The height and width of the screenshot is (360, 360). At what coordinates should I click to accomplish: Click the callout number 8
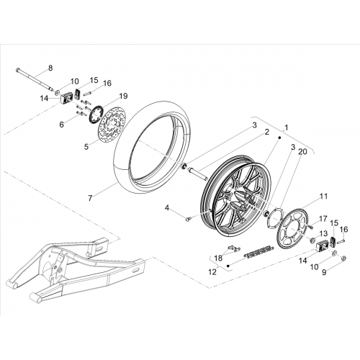tap(50, 68)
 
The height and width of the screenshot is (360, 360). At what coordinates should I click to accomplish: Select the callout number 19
tap(124, 96)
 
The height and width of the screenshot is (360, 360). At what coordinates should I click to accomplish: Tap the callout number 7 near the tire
tap(90, 198)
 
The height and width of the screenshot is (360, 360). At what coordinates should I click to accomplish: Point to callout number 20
tap(302, 152)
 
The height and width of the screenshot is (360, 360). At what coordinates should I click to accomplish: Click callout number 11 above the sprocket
tap(323, 197)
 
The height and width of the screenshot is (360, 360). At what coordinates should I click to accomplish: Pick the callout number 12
tap(212, 272)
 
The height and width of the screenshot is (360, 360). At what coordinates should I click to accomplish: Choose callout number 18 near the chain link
tap(218, 258)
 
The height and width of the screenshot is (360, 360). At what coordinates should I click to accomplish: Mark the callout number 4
tap(167, 208)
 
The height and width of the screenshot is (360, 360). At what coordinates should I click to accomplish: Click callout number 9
tap(324, 272)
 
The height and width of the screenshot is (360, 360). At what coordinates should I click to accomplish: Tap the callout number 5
tap(86, 147)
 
